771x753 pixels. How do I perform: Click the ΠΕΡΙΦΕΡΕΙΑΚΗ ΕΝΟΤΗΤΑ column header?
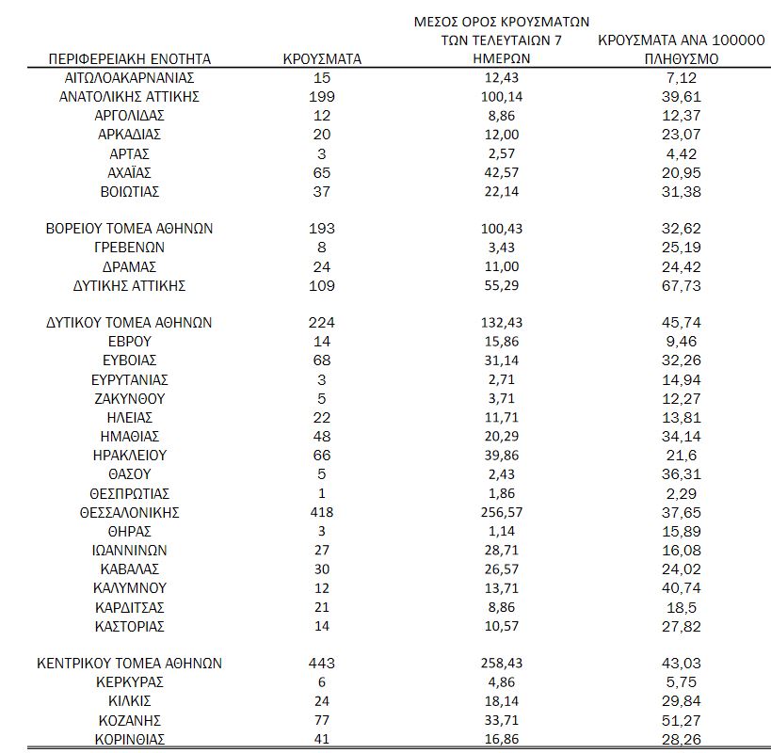tap(130, 58)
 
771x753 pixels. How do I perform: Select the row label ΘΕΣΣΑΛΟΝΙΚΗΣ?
tap(130, 512)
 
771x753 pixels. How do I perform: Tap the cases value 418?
tap(322, 512)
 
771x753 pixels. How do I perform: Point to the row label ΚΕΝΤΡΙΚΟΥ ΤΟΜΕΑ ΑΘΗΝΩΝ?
tap(130, 663)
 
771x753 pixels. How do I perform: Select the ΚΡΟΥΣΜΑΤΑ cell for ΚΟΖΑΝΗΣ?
tap(322, 719)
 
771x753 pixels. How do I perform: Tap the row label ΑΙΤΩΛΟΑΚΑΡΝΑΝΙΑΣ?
tap(130, 77)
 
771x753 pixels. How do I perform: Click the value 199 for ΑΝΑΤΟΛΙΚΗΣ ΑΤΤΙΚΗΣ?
tap(322, 96)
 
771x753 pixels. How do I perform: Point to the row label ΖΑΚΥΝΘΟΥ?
tap(130, 398)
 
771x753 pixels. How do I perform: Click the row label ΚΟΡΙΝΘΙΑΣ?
tap(130, 738)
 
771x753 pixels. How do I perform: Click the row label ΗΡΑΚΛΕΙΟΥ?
tap(130, 456)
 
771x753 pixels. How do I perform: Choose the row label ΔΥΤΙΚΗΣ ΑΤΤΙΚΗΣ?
tap(130, 285)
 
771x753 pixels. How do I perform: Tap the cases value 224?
tap(322, 323)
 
